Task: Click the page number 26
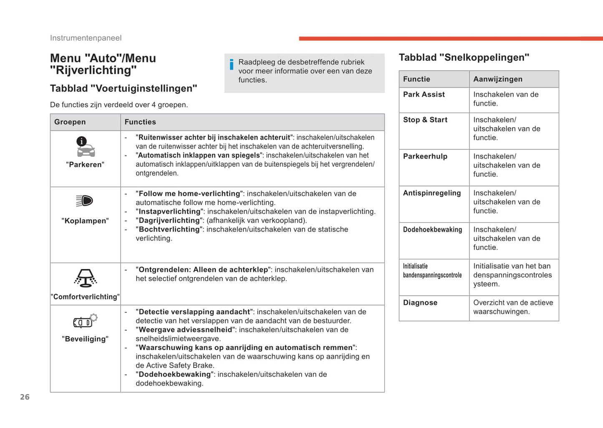pos(25,397)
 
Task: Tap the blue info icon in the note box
pos(232,64)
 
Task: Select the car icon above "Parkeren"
pos(85,147)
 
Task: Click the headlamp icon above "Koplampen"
pos(85,201)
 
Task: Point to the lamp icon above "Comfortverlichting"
pos(86,278)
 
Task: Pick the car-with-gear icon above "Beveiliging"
pos(85,321)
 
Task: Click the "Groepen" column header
pos(70,122)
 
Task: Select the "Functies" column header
pos(140,122)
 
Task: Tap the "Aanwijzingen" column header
pos(498,79)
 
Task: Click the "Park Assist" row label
pos(424,94)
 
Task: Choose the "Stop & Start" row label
pos(425,120)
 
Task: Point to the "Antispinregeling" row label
pos(432,193)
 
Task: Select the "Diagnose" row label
pos(420,302)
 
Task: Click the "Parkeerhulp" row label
pos(425,156)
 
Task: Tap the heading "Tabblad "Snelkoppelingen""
pos(464,57)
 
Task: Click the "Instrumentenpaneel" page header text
pos(86,38)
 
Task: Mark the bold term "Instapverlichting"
pos(169,211)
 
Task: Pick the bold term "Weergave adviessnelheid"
pos(185,330)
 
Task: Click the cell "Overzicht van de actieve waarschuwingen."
pos(513,307)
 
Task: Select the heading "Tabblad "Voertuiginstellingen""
pos(124,88)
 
